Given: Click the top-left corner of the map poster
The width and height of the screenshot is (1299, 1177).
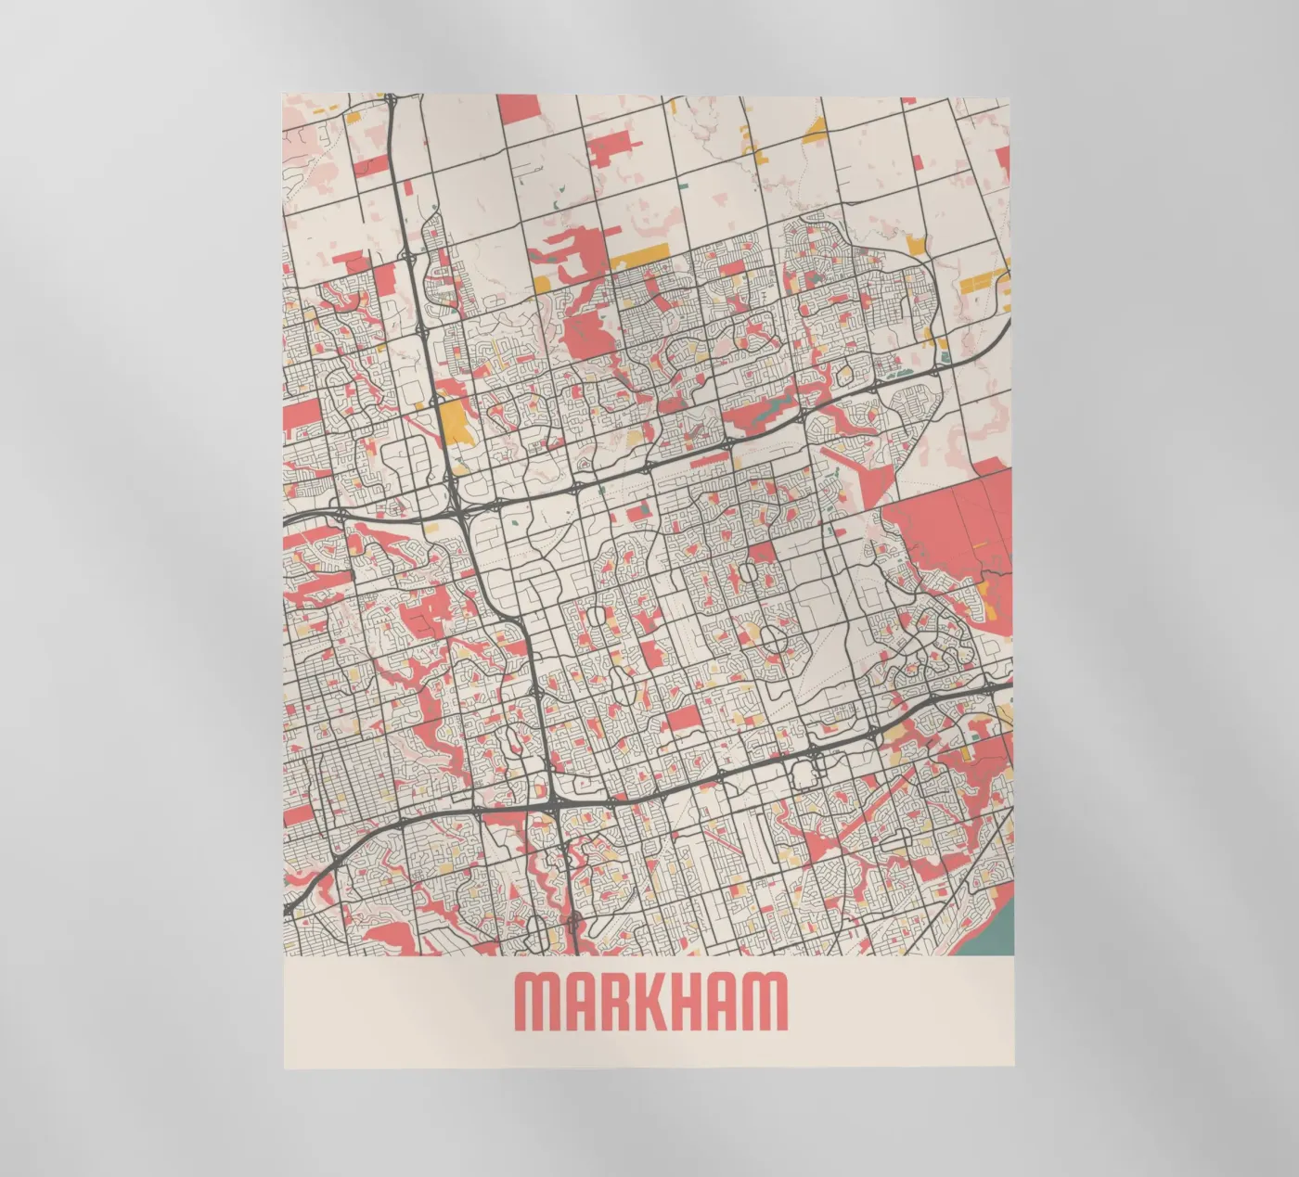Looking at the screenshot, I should click(284, 95).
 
